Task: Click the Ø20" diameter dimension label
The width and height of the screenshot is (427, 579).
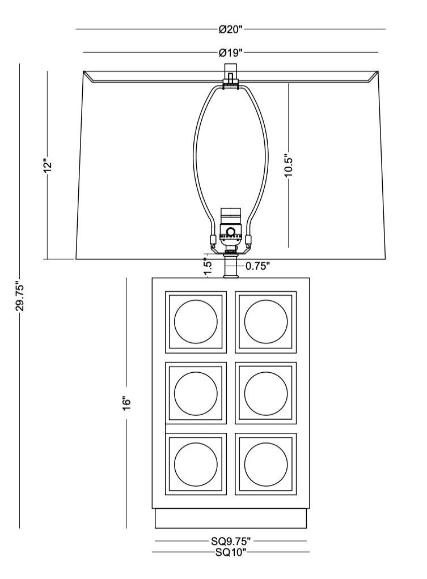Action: coord(231,29)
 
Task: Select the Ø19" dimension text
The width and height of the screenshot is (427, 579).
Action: coord(231,53)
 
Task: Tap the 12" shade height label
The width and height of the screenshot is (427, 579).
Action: coord(48,165)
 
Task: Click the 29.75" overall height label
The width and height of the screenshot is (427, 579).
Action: coord(20,296)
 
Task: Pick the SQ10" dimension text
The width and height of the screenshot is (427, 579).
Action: coord(231,552)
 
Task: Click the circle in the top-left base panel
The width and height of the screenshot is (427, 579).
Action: coord(196,321)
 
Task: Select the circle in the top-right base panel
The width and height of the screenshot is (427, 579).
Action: coord(266,321)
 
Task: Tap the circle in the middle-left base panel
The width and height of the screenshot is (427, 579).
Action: coord(196,393)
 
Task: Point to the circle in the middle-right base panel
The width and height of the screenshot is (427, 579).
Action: coord(266,393)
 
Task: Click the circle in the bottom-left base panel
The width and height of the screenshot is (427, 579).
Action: coord(196,463)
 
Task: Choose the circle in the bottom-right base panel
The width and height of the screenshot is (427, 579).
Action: coord(266,463)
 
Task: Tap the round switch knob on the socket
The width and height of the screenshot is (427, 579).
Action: coord(231,231)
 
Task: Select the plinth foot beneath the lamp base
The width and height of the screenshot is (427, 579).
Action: coord(231,518)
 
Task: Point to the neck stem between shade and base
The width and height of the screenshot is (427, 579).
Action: coord(230,265)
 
